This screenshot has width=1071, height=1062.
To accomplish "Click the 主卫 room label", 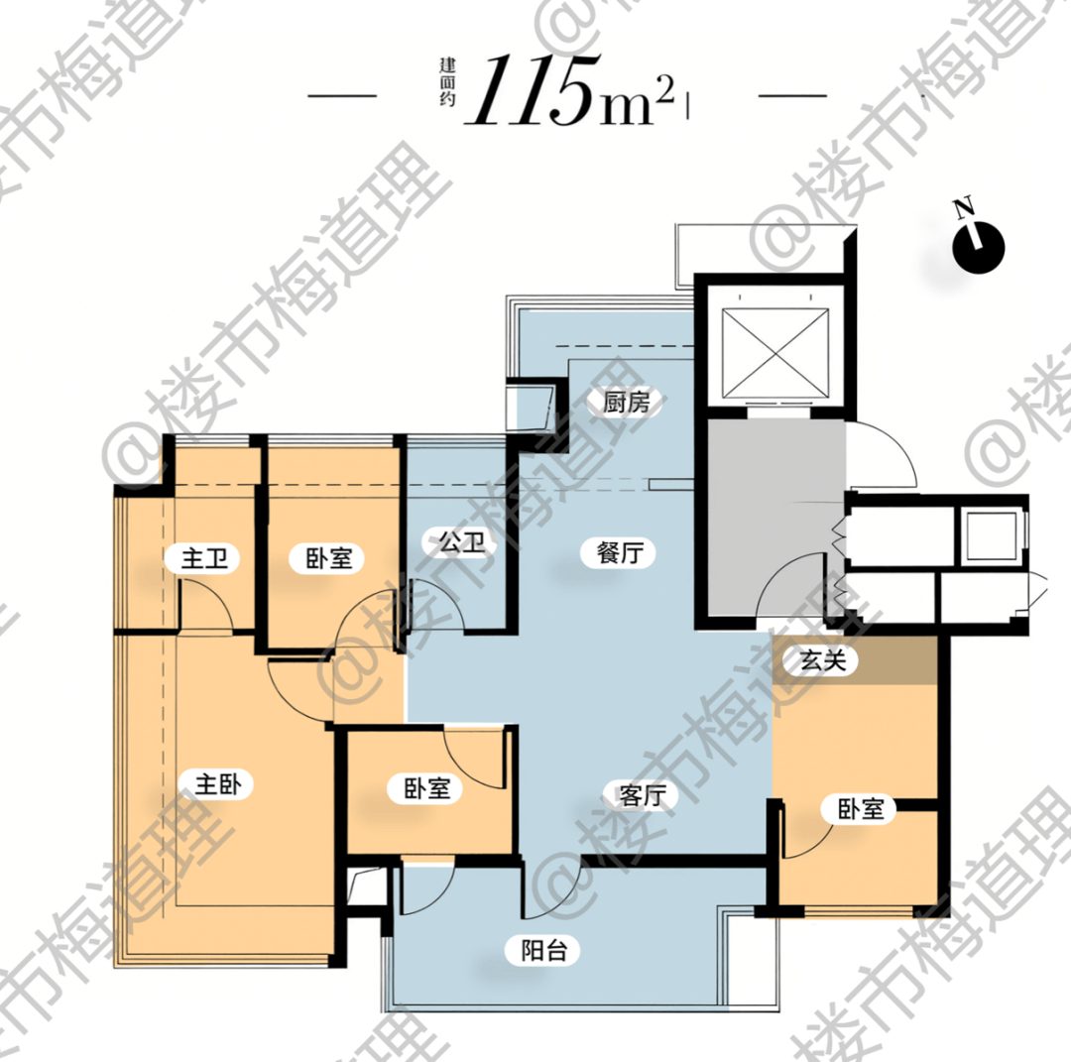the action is pyautogui.click(x=204, y=558).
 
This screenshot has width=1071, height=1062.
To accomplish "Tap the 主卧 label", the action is pyautogui.click(x=218, y=783).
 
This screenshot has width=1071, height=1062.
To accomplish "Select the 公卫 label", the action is pyautogui.click(x=462, y=542).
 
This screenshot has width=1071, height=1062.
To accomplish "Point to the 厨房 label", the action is pyautogui.click(x=626, y=402).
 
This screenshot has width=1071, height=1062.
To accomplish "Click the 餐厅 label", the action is pyautogui.click(x=620, y=552).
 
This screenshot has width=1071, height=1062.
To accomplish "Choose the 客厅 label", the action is pyautogui.click(x=642, y=795).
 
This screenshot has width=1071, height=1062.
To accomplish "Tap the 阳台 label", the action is pyautogui.click(x=543, y=950).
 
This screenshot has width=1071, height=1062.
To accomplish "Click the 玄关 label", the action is pyautogui.click(x=822, y=660).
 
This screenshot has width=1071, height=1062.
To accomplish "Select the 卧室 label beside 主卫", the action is pyautogui.click(x=328, y=558).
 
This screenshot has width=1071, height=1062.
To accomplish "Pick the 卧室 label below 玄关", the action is pyautogui.click(x=861, y=809).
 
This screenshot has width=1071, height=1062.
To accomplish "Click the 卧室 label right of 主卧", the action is pyautogui.click(x=426, y=788).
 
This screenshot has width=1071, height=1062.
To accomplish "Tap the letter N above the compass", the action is pyautogui.click(x=964, y=207).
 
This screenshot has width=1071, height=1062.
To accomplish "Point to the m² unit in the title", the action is pyautogui.click(x=638, y=101).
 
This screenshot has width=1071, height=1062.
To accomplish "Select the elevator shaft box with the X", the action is pyautogui.click(x=775, y=352).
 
